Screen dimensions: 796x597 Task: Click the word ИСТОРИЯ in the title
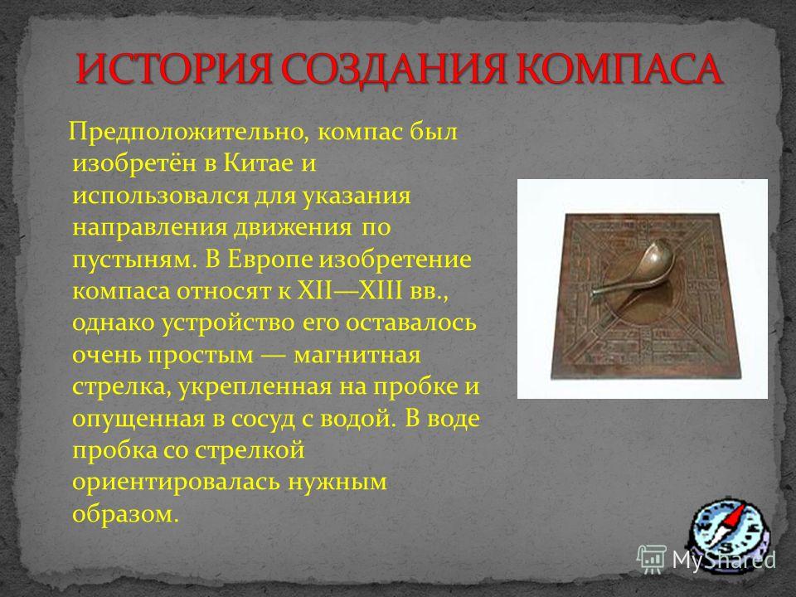pyautogui.click(x=172, y=69)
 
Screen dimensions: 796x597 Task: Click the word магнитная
pyautogui.click(x=357, y=355)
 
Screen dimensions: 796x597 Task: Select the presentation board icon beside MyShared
pyautogui.click(x=652, y=558)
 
